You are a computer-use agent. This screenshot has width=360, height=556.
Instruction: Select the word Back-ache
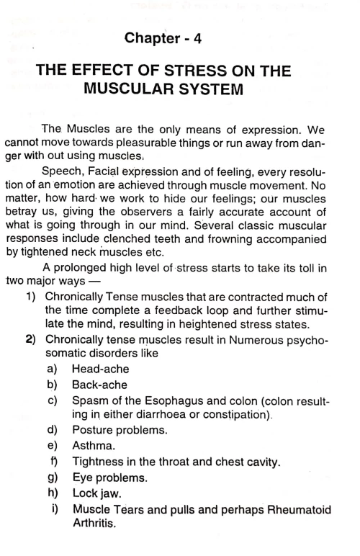(x=100, y=426)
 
